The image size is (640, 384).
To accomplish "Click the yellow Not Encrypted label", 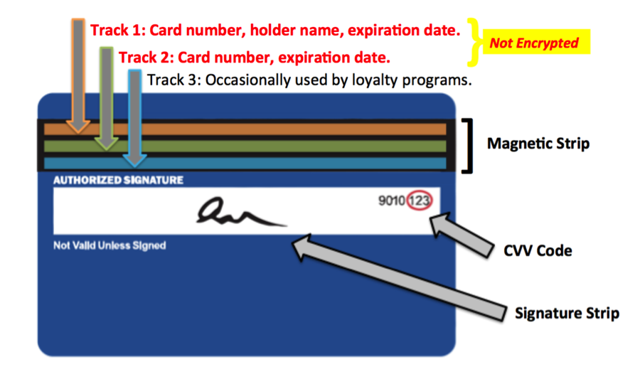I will (534, 43).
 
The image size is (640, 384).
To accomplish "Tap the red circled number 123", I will (420, 201).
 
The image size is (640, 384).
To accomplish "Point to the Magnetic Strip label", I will (538, 144).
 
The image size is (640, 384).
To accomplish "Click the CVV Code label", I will (538, 250).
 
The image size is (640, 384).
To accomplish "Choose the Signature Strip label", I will (566, 313).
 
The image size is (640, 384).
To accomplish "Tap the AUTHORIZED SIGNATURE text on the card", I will (118, 181).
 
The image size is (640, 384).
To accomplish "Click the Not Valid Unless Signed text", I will (110, 246).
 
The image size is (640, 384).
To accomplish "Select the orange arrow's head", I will (78, 126).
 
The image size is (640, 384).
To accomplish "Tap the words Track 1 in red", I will (112, 31).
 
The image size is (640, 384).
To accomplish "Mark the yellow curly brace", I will (474, 43).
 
